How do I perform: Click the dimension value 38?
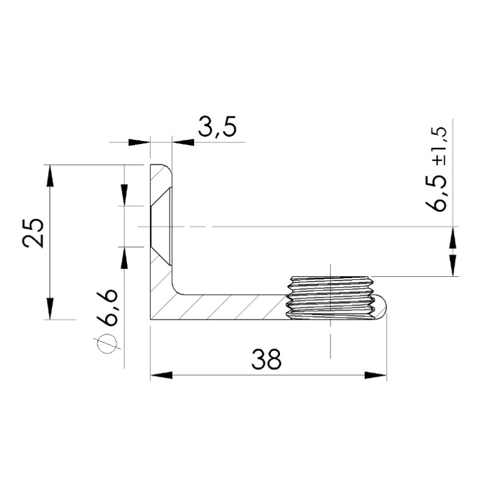tap(266, 359)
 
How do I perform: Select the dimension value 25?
tap(34, 233)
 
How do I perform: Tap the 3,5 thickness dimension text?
tap(218, 127)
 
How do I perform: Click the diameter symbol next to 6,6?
tap(107, 344)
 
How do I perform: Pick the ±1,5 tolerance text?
tap(439, 146)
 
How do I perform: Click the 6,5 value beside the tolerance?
tap(436, 193)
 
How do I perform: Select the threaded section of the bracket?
tap(330, 297)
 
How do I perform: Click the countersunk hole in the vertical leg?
tap(160, 226)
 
